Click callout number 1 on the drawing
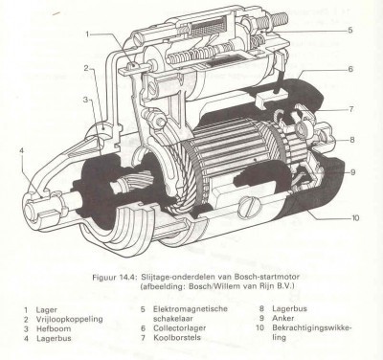click(x=87, y=34)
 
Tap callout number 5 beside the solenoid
click(x=350, y=31)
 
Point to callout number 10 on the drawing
click(x=355, y=218)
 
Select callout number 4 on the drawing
click(x=21, y=150)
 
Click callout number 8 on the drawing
click(x=352, y=140)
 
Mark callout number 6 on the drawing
click(x=350, y=69)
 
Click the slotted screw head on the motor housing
click(x=249, y=209)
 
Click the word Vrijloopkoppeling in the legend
click(x=69, y=320)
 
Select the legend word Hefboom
click(x=54, y=328)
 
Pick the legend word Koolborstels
click(x=177, y=337)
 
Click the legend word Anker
click(x=283, y=318)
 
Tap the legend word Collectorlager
click(x=180, y=327)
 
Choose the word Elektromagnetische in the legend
click(x=191, y=309)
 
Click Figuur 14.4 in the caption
click(x=114, y=277)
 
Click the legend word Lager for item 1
click(x=47, y=310)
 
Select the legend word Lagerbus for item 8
click(x=289, y=308)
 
